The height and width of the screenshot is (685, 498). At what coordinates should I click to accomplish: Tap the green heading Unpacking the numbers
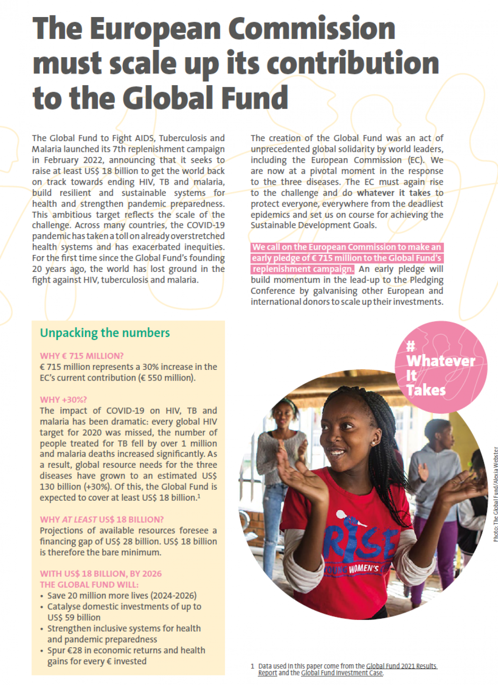click(x=105, y=333)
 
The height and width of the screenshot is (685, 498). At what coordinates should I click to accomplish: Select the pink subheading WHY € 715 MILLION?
click(x=82, y=356)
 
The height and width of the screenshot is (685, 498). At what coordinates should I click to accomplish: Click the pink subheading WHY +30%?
click(x=63, y=400)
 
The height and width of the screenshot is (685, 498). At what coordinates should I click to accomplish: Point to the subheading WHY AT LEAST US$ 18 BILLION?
click(x=102, y=519)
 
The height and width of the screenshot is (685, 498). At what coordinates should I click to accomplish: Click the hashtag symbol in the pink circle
click(x=410, y=346)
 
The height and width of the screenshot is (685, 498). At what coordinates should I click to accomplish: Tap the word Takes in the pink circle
click(x=426, y=390)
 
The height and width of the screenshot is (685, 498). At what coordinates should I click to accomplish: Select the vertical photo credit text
click(x=496, y=494)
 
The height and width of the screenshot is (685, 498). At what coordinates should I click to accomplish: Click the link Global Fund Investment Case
click(x=342, y=673)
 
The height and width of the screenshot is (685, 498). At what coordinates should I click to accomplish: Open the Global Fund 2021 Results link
click(x=401, y=666)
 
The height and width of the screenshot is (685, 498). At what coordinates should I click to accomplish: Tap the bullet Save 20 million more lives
click(x=122, y=595)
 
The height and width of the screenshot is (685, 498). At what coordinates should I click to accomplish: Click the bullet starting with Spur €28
click(x=126, y=650)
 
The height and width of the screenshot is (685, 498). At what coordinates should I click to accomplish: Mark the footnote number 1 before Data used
click(x=252, y=666)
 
